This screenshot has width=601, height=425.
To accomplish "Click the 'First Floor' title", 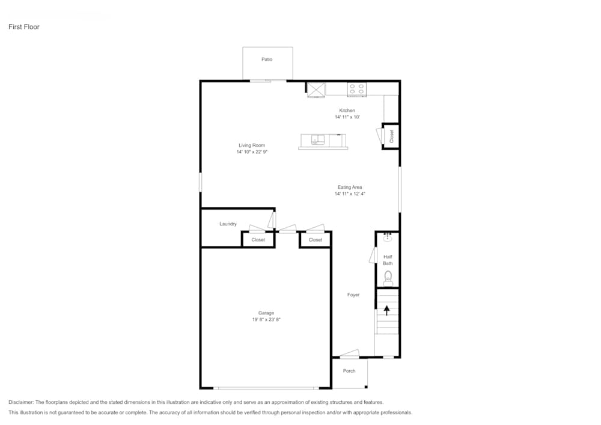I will pos(24,27).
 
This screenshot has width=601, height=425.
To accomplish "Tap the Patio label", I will pos(267,59).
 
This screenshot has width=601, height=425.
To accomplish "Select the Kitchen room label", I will pos(347,111).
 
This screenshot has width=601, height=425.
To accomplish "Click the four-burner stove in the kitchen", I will pos(356,89).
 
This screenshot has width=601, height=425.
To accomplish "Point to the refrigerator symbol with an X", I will pos(316,89).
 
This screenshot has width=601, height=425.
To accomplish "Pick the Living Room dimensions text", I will pos(251,152).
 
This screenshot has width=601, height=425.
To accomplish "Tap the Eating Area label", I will pos(349,187).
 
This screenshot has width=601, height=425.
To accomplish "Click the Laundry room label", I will pos(228,224).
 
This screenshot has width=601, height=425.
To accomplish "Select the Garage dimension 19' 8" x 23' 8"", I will pos(266,320).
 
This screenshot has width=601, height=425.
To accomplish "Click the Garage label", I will pos(266,313).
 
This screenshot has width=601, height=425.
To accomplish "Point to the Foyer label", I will pos(353,295).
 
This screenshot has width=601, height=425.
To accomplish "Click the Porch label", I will pos(349,371).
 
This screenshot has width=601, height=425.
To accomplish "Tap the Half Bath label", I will pos(388,260).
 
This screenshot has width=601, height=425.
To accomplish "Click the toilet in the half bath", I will pos(388,277).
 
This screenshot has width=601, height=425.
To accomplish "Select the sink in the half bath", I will pos(388,237).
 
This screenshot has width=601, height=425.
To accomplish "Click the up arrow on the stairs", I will pos(387,310).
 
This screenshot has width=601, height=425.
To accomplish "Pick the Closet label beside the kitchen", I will pos(391,136).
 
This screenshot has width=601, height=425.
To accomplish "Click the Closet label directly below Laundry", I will pos(258,240).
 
